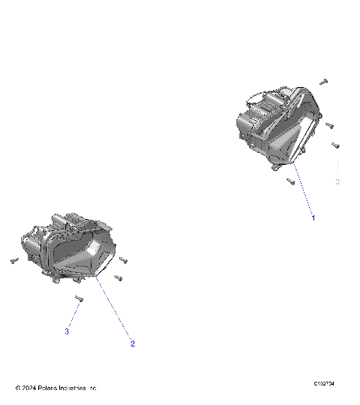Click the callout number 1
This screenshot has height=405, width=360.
[313, 217]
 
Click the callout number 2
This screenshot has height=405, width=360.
[133, 344]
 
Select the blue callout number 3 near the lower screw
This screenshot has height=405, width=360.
[67, 331]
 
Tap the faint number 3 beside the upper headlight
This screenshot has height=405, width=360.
[337, 182]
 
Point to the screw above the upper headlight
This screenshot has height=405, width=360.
[324, 80]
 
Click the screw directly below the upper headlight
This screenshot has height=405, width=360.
[290, 181]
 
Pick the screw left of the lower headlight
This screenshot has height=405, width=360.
[13, 260]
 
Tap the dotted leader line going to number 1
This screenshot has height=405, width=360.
[304, 191]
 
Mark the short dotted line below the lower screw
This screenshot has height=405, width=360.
[72, 315]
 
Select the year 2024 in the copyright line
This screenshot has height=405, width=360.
[31, 388]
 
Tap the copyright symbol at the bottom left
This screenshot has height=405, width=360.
[18, 388]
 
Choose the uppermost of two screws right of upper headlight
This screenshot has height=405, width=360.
[329, 126]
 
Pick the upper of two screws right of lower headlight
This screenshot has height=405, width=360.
[123, 260]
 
